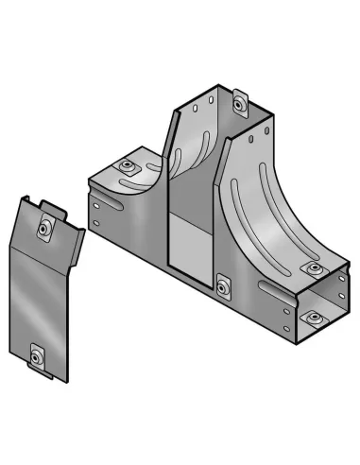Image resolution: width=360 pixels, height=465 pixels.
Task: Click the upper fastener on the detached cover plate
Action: tap(43, 228)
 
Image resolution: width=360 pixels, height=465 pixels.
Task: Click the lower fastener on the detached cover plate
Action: tap(38, 356)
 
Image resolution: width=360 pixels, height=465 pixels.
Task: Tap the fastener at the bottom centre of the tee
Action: tap(221, 284)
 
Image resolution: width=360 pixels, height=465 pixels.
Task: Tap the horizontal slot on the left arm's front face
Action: tap(121, 224)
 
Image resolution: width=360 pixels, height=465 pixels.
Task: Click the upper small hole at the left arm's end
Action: tap(94, 202)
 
